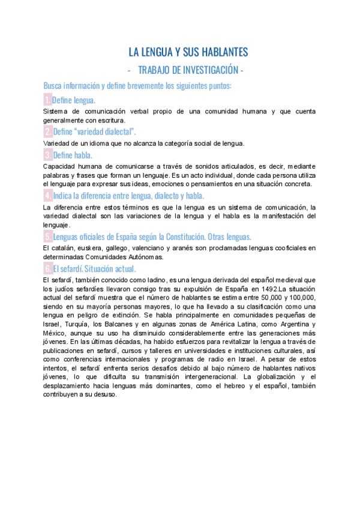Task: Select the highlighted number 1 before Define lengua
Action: click(47, 100)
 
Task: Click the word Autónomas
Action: click(146, 257)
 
